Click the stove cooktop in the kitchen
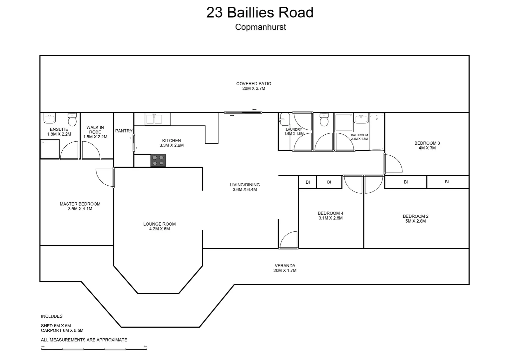pos(158,160)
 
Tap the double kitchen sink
pos(158,119)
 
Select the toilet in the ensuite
pos(72,119)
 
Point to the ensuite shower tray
pos(50,149)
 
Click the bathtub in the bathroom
pos(377,132)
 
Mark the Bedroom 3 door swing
pos(393,163)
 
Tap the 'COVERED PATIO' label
pos(254,84)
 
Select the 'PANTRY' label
pos(124,131)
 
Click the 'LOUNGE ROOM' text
pos(159,224)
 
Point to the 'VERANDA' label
pos(285,266)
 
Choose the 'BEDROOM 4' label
pos(330,213)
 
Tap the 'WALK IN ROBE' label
pos(95,130)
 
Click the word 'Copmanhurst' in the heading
pos(260,27)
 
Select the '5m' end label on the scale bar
pos(145,347)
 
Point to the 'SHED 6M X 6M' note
pos(56,326)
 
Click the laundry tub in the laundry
pos(284,118)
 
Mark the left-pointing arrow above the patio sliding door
pos(254,110)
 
